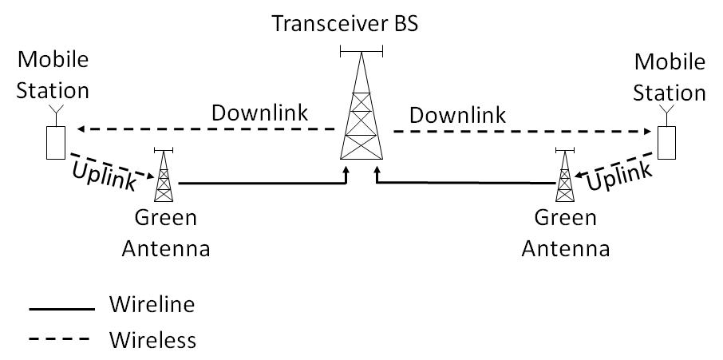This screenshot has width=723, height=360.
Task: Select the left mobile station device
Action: (54, 140)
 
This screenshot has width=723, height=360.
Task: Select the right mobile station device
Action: (668, 140)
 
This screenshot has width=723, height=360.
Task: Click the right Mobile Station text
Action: (669, 73)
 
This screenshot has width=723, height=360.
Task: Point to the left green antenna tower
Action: (164, 177)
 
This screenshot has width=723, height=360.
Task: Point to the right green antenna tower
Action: (565, 177)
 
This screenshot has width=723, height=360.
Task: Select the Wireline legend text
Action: (151, 305)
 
